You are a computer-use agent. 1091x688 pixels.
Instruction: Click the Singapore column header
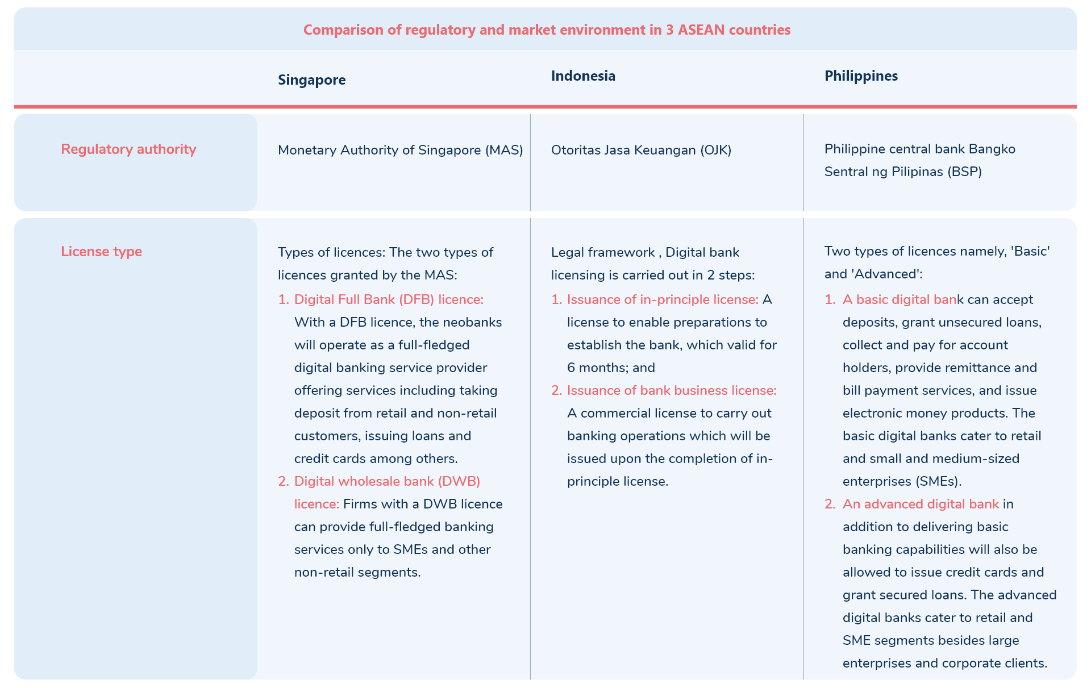coord(311,80)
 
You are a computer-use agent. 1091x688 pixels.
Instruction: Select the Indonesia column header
coord(583,76)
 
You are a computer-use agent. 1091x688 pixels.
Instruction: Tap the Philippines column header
coord(861,76)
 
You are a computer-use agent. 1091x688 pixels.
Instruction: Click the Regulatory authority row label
coord(128,149)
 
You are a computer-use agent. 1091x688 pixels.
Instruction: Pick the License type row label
coord(101,251)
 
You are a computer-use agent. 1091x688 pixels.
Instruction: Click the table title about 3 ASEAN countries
coord(547,30)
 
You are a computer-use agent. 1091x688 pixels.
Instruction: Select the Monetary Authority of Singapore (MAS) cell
coord(400,150)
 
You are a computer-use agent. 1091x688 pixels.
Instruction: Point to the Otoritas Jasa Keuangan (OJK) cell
coord(641,150)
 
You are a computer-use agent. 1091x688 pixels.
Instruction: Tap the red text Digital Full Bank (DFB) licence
coord(389,299)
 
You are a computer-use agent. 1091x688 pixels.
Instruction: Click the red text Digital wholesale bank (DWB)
coord(387,481)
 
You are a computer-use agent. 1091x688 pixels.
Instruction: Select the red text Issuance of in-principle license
coord(662,299)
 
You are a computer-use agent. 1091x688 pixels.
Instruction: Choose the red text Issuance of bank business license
coord(671,390)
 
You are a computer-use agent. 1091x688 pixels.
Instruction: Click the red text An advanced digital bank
coord(921,504)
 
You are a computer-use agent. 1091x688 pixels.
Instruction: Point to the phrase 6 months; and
coord(611,368)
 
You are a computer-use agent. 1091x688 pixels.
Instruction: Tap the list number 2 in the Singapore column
coord(283,481)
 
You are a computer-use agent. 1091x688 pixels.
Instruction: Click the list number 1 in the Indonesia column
coord(556,299)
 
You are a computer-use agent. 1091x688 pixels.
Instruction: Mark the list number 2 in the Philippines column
coord(830,504)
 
